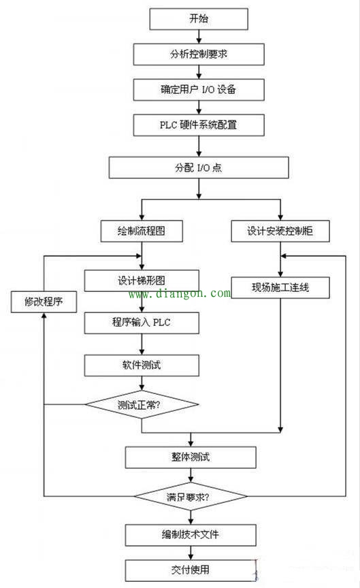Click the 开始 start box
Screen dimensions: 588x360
click(x=198, y=18)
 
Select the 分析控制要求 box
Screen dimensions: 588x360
click(x=198, y=54)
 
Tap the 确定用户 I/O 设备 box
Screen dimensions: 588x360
click(x=198, y=89)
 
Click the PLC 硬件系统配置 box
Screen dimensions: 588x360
click(x=198, y=125)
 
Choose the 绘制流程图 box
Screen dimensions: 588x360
click(x=142, y=231)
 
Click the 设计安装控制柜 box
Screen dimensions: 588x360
click(x=280, y=231)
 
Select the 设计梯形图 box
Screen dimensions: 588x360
click(x=142, y=280)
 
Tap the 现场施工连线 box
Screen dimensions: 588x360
click(x=280, y=287)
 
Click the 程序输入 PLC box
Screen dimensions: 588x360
click(x=142, y=323)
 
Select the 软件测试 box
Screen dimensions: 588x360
click(x=142, y=365)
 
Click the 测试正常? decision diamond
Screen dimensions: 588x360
click(x=142, y=404)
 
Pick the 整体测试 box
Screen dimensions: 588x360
click(x=191, y=457)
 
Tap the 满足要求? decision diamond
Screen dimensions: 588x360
click(x=191, y=496)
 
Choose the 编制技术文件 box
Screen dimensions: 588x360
click(x=191, y=534)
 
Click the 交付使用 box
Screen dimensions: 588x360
click(x=191, y=569)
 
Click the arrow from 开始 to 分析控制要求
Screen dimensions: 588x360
click(x=198, y=36)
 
